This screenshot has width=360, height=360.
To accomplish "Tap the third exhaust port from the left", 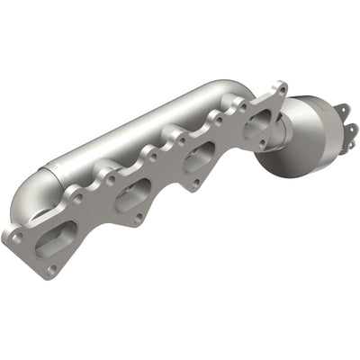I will pos(202,153).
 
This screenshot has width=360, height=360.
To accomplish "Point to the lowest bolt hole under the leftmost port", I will pos(51,267).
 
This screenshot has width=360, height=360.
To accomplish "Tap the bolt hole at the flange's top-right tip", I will pos(282,90).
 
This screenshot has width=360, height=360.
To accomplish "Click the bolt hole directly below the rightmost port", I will pos(262,144).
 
